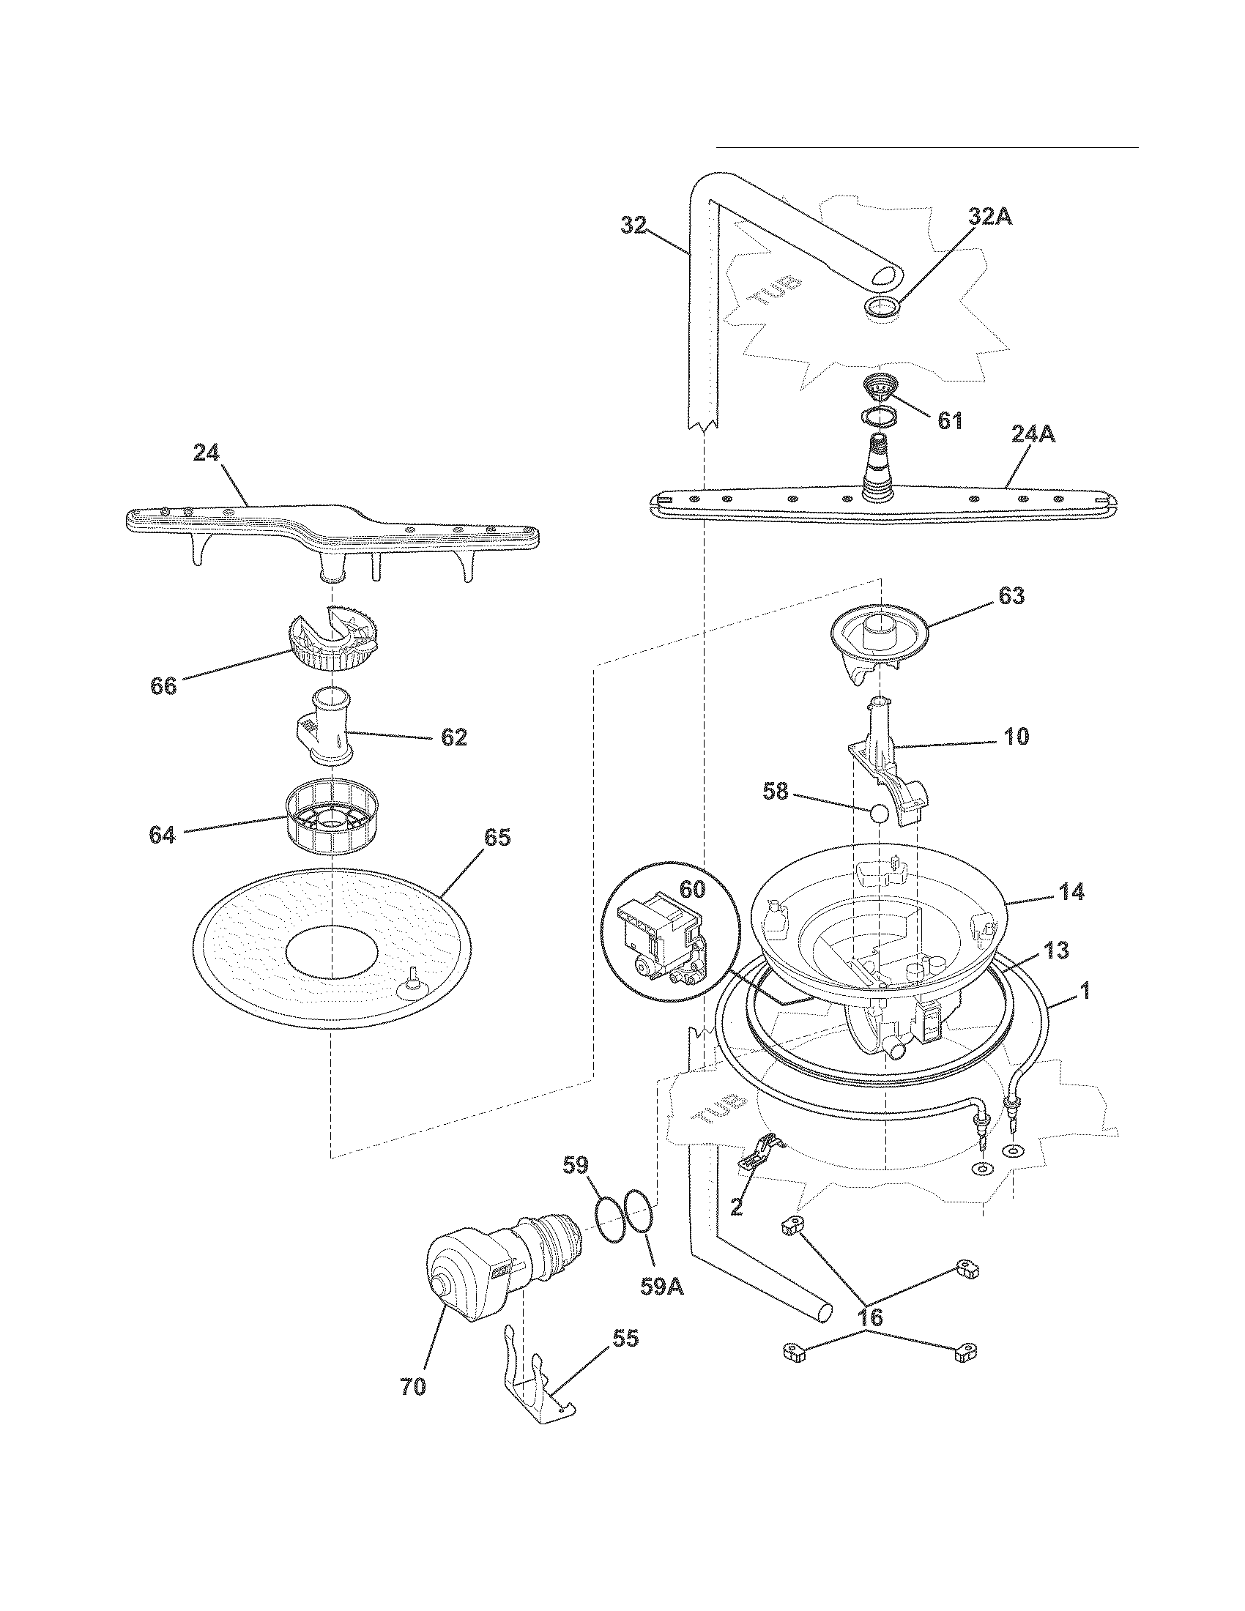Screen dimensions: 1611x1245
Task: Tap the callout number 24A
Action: coord(1033,435)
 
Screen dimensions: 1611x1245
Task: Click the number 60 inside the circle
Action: coord(692,890)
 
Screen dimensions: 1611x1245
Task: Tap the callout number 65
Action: coord(497,838)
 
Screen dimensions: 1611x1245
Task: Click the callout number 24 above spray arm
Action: coord(207,453)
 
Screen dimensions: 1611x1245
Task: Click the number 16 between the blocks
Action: coord(871,1317)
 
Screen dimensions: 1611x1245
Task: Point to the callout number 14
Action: coord(1071,892)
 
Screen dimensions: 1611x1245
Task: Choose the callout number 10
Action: coord(1017,736)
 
